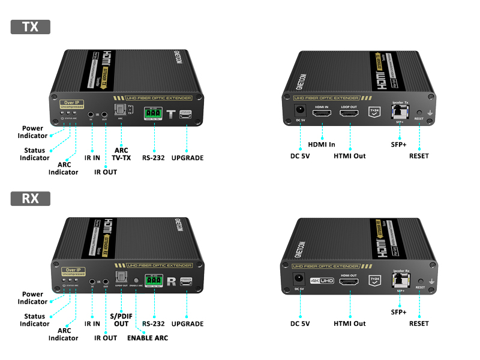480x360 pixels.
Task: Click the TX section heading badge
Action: pos(30,27)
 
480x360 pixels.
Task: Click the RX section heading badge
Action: pos(30,199)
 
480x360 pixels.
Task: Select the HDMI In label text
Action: pos(322,145)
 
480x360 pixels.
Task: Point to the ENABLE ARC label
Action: pos(147,338)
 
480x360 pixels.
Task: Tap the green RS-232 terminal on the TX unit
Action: pos(154,112)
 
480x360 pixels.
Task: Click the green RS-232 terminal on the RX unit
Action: pos(154,280)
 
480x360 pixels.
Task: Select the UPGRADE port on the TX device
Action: pos(186,112)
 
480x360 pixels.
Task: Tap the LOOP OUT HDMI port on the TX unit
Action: pos(349,112)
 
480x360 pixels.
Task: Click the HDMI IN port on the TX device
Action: pos(322,112)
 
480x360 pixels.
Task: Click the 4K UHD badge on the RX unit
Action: pos(322,280)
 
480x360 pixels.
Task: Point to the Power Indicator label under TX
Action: pos(33,132)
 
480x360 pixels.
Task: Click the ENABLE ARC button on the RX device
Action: pos(136,280)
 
